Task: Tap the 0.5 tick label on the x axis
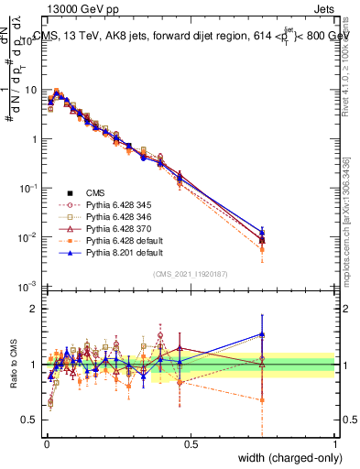[x=191, y=444]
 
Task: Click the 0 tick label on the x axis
[x=47, y=444]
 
